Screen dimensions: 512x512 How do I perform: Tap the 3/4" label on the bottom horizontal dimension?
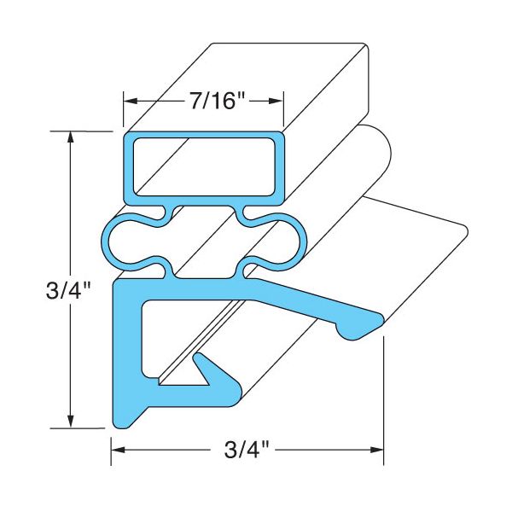(241, 449)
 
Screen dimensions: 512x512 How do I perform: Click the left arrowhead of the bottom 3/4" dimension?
(117, 449)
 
